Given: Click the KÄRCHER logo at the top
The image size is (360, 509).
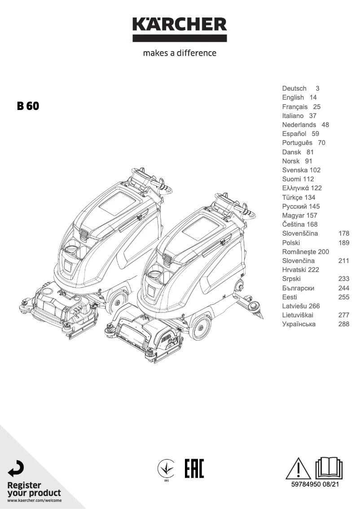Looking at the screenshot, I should coord(180,29).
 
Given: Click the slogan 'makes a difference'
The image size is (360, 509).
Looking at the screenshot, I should coord(180,53).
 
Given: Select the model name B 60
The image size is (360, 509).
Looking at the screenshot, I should coord(28,106).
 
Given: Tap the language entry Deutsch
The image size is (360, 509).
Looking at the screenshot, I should coord(294,88).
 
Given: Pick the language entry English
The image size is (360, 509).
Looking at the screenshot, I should coord(293,97).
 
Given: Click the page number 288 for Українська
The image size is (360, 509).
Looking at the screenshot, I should coord(343,324).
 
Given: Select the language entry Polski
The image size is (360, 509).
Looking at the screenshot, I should coord(291,242).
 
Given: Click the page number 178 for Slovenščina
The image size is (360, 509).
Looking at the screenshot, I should coord(343,233).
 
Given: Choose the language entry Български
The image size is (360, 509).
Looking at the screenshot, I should coord(298,288).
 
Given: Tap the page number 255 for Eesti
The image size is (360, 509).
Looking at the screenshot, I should coord(343,297).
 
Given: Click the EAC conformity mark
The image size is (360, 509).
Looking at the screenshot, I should coord(194,469).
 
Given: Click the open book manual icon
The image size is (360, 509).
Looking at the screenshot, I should coord(329,468).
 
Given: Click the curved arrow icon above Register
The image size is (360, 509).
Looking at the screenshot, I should coord(17,469).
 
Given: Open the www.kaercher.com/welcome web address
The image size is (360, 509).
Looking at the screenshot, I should coord(35,500).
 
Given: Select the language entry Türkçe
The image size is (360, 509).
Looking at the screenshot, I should coord(293,197).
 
